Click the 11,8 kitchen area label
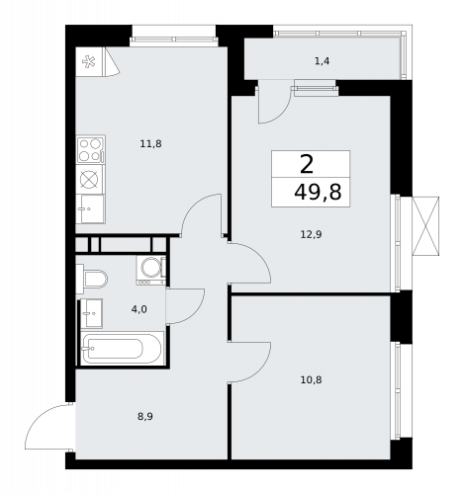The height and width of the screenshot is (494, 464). (x=150, y=143)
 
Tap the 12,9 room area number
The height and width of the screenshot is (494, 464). (x=311, y=234)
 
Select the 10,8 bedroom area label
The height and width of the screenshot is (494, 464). (x=311, y=378)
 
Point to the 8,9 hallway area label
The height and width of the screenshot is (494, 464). (x=144, y=416)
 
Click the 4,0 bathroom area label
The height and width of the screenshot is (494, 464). (x=139, y=309)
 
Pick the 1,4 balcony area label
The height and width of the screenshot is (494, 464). (x=322, y=62)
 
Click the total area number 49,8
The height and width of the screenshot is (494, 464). (x=318, y=192)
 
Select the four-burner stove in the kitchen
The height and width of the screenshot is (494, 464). (x=90, y=150)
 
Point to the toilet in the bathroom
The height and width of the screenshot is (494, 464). (x=94, y=279)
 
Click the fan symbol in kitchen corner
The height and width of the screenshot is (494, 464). (x=88, y=62)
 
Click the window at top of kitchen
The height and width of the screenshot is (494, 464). (x=173, y=40)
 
